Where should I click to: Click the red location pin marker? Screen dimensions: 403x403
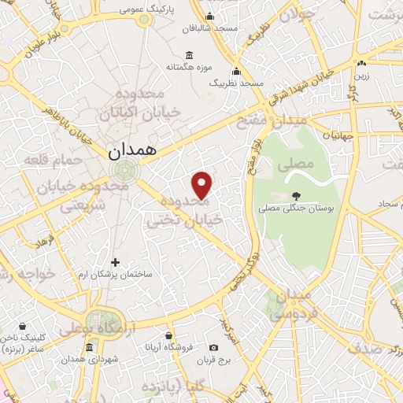202,185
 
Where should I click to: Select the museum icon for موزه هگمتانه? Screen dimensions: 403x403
189,55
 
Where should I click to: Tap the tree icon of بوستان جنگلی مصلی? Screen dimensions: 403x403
295,196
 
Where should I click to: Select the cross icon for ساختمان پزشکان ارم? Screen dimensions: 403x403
116,262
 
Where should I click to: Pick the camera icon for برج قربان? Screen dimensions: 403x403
213,347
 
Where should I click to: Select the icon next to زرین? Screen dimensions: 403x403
360,64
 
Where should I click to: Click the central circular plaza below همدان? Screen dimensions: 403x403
123,168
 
